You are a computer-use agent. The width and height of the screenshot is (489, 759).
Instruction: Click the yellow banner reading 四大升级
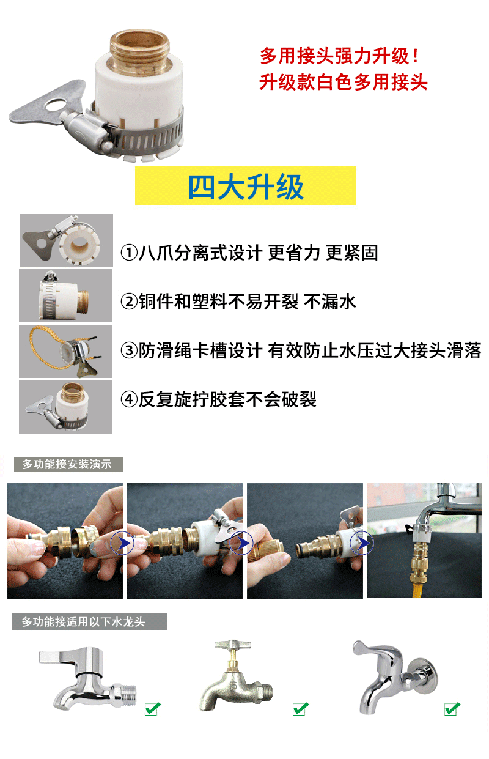pyautogui.click(x=245, y=186)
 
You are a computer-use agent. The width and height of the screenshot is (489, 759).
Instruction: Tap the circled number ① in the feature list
pyautogui.click(x=129, y=253)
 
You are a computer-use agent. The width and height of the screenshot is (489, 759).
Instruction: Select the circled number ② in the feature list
pyautogui.click(x=129, y=302)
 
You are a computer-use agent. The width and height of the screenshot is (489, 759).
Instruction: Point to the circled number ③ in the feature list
pyautogui.click(x=129, y=350)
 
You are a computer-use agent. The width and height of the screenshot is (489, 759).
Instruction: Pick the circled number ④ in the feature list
pyautogui.click(x=129, y=399)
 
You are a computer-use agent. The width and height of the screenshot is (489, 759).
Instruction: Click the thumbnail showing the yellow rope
pyautogui.click(x=65, y=352)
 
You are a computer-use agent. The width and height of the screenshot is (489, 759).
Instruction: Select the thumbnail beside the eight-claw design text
pyautogui.click(x=66, y=240)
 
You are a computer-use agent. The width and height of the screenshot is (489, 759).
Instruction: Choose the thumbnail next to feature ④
pyautogui.click(x=65, y=407)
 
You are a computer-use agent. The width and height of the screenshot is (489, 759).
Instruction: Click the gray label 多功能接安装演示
pyautogui.click(x=68, y=464)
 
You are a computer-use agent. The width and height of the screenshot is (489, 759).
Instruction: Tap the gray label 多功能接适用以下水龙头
pyautogui.click(x=90, y=622)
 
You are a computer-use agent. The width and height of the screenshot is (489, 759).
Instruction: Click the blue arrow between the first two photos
pyautogui.click(x=122, y=543)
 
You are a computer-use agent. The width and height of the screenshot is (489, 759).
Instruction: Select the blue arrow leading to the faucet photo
pyautogui.click(x=362, y=543)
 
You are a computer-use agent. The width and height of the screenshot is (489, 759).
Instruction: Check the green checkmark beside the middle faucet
pyautogui.click(x=301, y=709)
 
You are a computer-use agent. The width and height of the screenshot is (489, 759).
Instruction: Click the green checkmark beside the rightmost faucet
pyautogui.click(x=452, y=709)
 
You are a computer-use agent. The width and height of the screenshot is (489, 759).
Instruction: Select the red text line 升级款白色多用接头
pyautogui.click(x=344, y=83)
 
